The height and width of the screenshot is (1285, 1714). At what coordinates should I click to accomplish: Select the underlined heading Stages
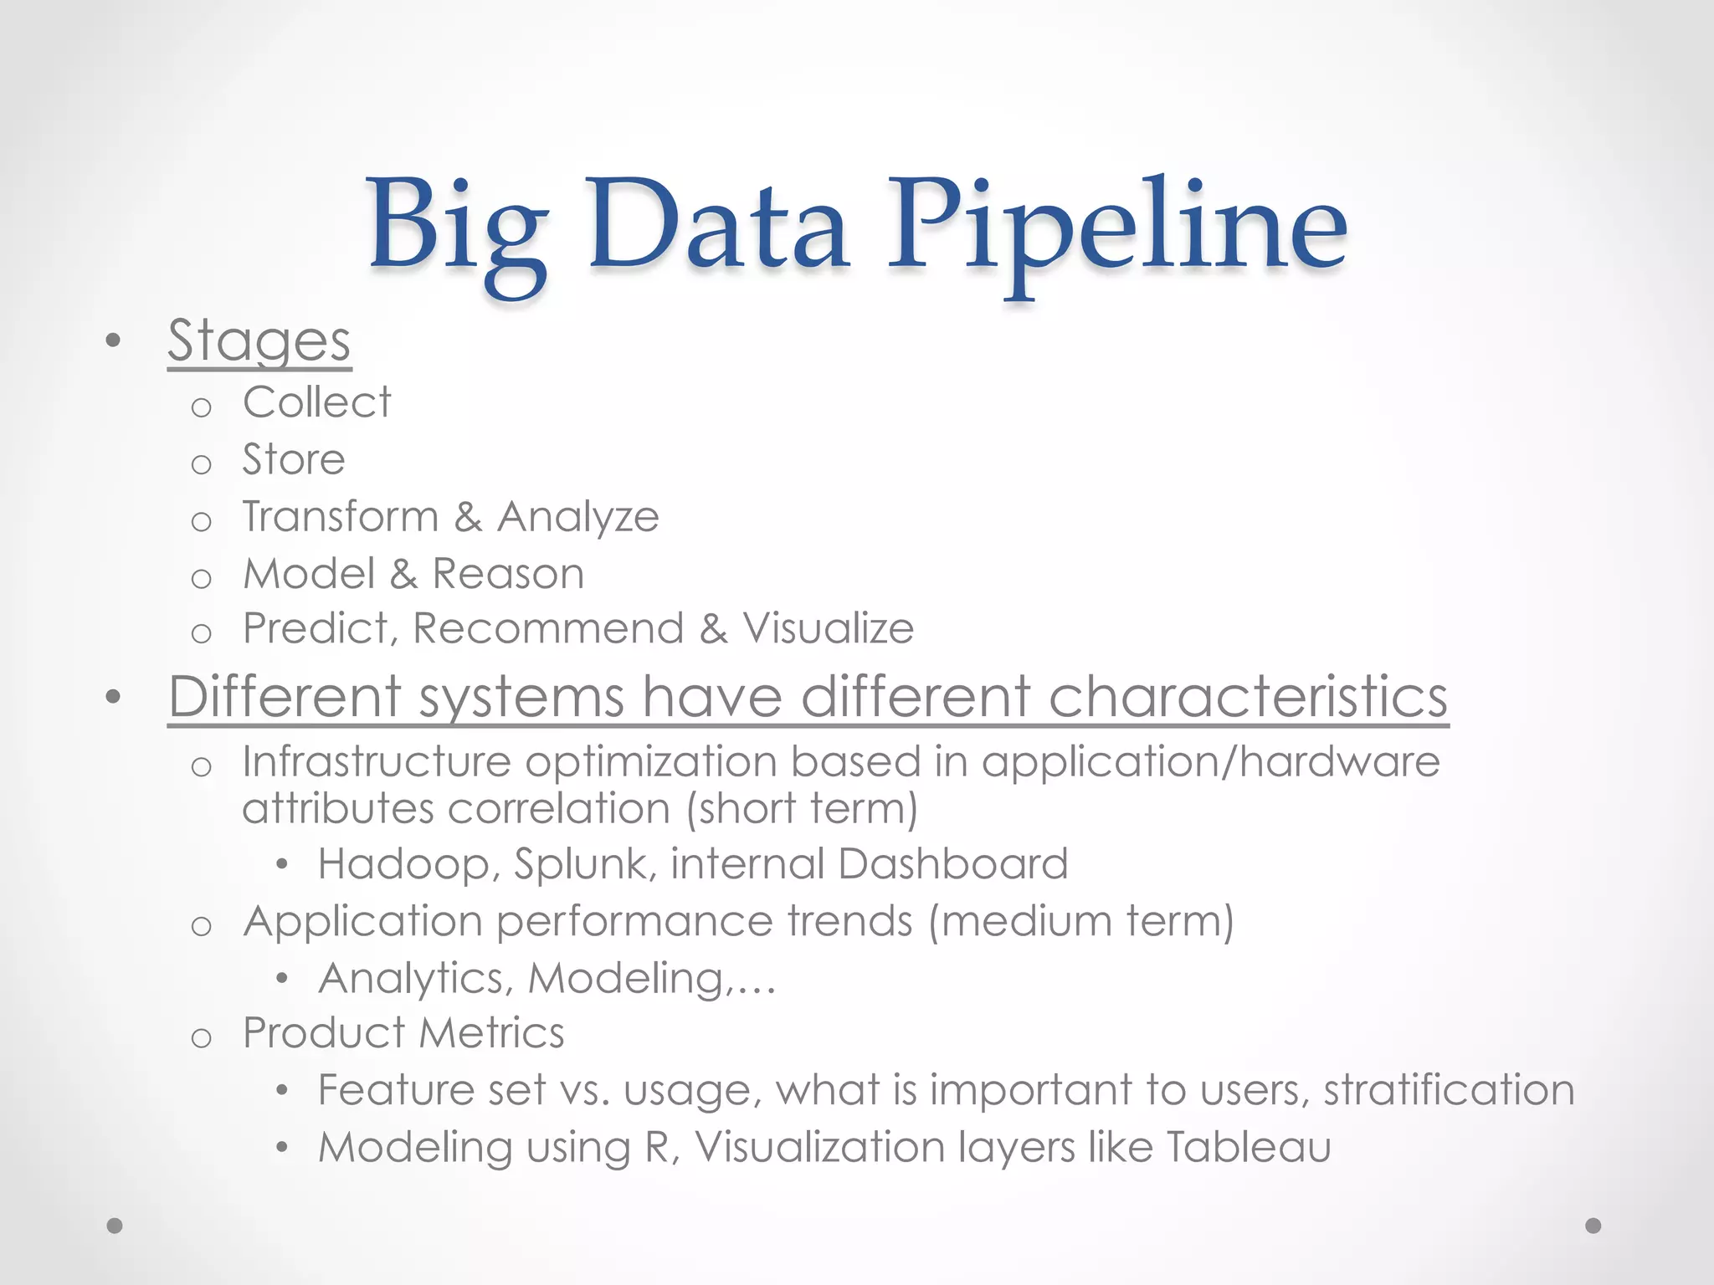click(x=259, y=341)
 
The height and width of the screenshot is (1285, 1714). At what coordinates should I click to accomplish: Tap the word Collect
click(x=316, y=402)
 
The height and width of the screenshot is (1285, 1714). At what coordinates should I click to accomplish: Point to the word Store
click(x=294, y=459)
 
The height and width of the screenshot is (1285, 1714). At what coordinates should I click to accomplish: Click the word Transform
click(x=341, y=516)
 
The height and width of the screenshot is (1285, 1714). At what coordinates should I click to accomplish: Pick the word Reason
click(x=508, y=574)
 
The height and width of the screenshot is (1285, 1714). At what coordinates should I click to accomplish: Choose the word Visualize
click(x=828, y=628)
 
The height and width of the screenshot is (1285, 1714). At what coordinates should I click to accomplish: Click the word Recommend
click(x=548, y=628)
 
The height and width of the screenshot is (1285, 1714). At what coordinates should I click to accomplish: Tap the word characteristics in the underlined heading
click(x=1248, y=696)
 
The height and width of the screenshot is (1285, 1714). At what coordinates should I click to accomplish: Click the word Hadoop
click(x=408, y=863)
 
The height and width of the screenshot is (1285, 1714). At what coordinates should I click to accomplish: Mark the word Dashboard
click(x=952, y=863)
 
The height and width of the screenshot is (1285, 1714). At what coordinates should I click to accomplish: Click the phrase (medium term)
click(x=1080, y=922)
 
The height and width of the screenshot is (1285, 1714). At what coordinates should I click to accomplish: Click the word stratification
click(x=1449, y=1090)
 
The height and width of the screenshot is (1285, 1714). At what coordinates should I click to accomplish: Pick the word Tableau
click(x=1248, y=1147)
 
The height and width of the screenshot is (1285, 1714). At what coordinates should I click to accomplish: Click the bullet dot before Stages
click(x=114, y=341)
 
